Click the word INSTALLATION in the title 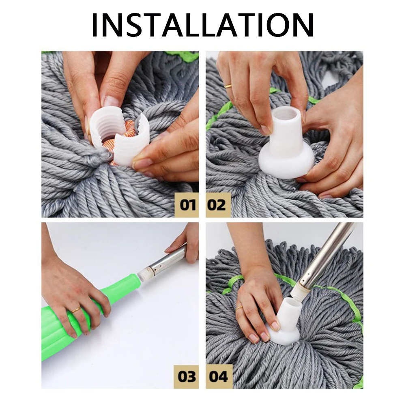pos(203,25)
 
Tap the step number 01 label pos(187,204)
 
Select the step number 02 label pos(217,204)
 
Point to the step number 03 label pos(187,376)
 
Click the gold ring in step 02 pos(229,86)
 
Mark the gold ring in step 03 pos(76,310)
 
